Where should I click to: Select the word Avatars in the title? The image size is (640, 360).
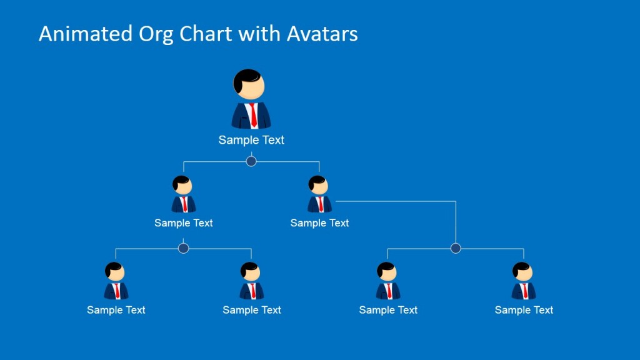pos(322,34)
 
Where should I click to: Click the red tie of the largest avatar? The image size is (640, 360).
pos(253,115)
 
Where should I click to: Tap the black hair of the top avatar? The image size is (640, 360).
pos(247,77)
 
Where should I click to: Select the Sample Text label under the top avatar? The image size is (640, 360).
pos(251,140)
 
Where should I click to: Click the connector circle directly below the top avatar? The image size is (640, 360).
pos(251,161)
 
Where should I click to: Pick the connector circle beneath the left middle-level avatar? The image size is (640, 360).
pos(183,248)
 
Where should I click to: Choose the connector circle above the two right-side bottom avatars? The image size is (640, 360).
pos(456,248)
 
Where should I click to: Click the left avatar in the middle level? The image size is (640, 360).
pos(183,194)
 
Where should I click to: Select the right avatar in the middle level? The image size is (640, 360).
pos(319,194)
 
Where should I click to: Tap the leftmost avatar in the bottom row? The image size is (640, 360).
pos(116,281)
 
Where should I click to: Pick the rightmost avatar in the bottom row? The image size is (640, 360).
pos(524,281)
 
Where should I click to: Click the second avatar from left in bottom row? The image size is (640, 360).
pos(251,281)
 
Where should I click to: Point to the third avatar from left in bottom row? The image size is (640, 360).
pos(387,281)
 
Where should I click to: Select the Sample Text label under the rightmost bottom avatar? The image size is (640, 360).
pos(524,310)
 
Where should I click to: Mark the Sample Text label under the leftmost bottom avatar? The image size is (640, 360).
pos(116,310)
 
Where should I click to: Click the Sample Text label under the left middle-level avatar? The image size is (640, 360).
pos(183,223)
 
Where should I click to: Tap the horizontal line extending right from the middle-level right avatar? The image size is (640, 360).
pos(394,201)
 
